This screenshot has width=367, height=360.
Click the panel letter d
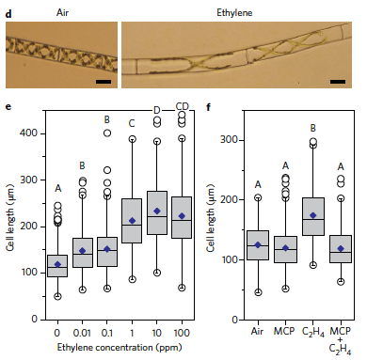click(x=8, y=6)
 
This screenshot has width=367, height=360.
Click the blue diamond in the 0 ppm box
click(x=58, y=264)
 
